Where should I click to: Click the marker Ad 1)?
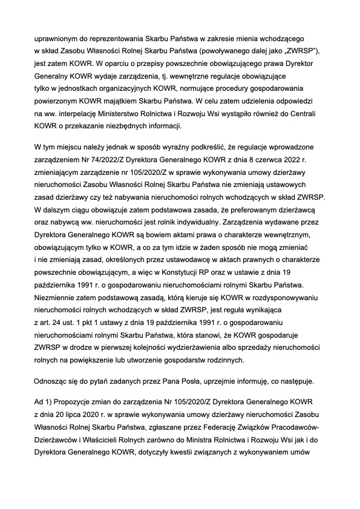coord(45,401)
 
